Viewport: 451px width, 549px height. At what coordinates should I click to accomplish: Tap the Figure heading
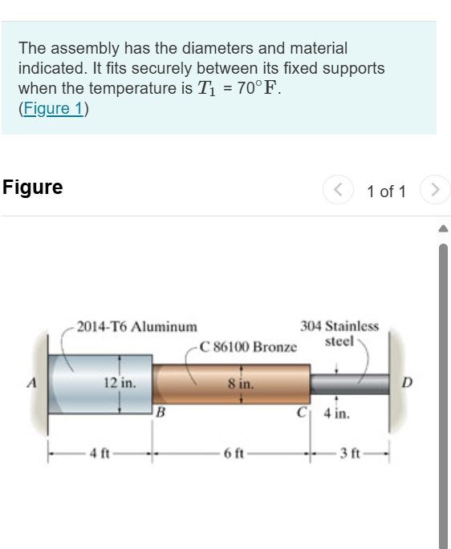pos(33,188)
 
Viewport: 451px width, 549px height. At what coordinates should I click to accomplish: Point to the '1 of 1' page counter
pos(386,192)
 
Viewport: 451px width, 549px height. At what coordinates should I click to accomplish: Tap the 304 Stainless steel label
pos(339,333)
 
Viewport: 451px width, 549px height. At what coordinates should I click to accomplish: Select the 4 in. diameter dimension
pos(335,415)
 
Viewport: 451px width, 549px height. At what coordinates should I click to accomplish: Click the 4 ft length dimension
pos(100,454)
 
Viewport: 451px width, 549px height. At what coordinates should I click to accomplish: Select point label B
pos(160,413)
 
